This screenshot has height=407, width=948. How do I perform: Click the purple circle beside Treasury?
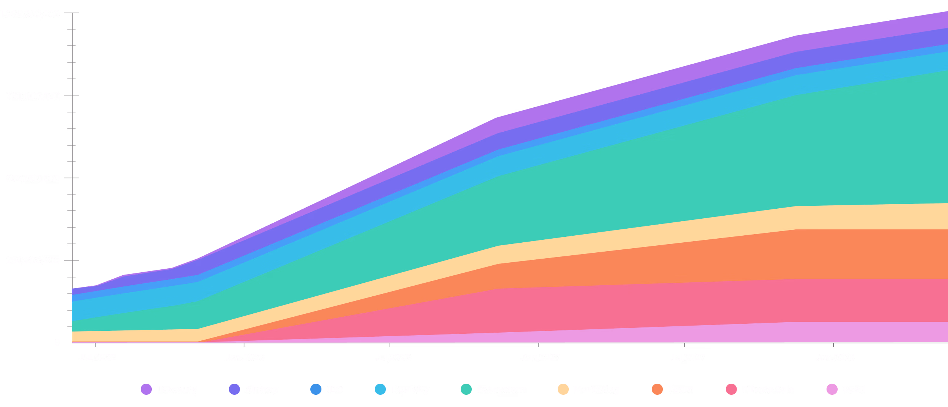pyautogui.click(x=146, y=389)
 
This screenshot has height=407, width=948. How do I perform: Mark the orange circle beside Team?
pyautogui.click(x=657, y=389)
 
